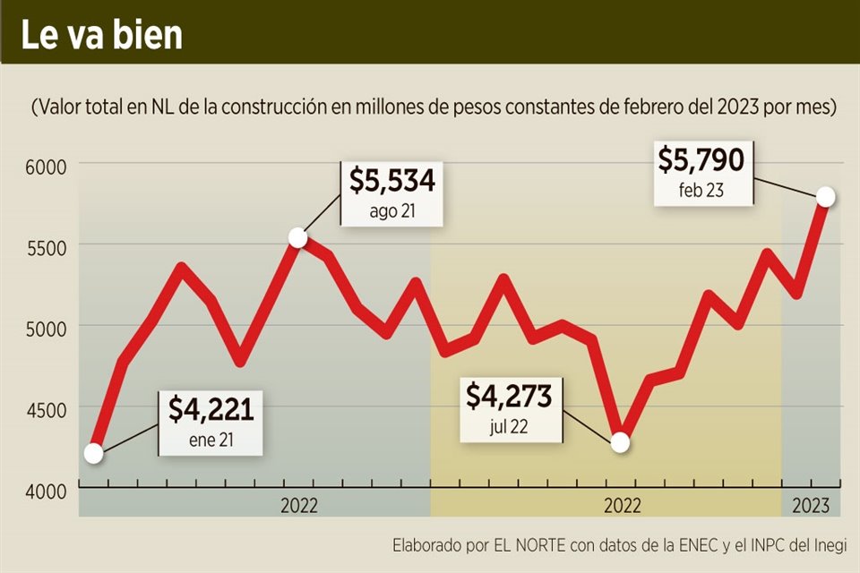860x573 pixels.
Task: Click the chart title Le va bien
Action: tap(102, 33)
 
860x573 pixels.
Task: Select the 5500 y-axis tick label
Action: tap(39, 247)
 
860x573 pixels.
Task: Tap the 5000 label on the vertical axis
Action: tap(39, 328)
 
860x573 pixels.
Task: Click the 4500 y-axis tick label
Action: tap(39, 409)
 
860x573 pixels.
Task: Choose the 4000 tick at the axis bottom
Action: tap(39, 491)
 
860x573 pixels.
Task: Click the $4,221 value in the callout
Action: tap(211, 410)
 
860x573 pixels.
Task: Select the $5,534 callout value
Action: tap(391, 182)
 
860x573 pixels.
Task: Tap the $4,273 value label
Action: tap(508, 397)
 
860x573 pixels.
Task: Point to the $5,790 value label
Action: tap(701, 160)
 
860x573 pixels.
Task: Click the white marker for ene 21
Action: tap(93, 454)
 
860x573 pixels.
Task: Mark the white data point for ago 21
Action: tap(298, 238)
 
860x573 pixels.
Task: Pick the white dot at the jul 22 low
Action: tap(620, 443)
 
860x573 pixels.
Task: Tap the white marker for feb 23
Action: tap(826, 197)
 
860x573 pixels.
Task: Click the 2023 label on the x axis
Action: tap(812, 505)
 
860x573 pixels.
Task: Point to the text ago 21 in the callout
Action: tap(392, 212)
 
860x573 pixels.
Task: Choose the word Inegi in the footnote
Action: tap(829, 545)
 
